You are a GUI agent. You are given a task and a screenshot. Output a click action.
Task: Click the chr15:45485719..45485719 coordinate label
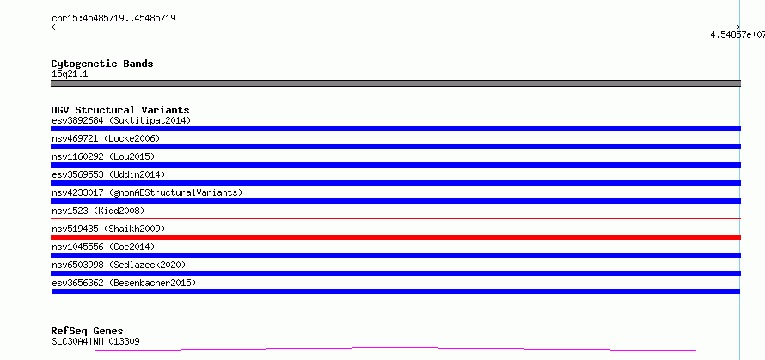tap(113, 19)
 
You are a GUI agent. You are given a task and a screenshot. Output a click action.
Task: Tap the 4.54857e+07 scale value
tap(737, 34)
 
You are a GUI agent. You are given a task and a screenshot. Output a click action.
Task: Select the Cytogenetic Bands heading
tap(102, 64)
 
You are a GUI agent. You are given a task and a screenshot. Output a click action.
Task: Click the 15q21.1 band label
tap(70, 75)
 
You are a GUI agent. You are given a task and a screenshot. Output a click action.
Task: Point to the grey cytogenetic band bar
tap(395, 83)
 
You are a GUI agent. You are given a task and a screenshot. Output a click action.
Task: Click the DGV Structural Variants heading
tap(120, 110)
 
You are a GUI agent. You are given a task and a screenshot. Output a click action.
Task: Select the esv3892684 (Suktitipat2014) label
tap(121, 120)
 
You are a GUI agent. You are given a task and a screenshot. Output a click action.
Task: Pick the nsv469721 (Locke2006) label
tap(106, 138)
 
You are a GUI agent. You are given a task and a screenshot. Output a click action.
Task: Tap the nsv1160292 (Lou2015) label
tap(103, 156)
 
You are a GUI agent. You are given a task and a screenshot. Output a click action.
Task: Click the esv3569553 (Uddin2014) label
tap(108, 174)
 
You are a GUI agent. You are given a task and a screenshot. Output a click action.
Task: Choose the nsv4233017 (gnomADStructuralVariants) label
tap(147, 192)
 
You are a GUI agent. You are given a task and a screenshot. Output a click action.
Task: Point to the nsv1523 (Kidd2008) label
tap(98, 211)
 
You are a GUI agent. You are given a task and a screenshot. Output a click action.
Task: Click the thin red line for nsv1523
tap(395, 218)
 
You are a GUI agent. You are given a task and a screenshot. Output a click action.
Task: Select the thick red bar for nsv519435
tap(395, 237)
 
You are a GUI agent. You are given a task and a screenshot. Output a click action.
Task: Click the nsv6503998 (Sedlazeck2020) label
tap(119, 265)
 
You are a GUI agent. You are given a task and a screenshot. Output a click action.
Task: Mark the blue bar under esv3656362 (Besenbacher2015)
tap(395, 291)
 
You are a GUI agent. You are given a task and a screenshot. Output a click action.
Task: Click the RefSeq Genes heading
tap(88, 332)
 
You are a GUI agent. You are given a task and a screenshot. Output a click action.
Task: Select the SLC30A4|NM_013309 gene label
tap(95, 341)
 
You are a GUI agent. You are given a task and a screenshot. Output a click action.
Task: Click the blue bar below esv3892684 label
tap(395, 129)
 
